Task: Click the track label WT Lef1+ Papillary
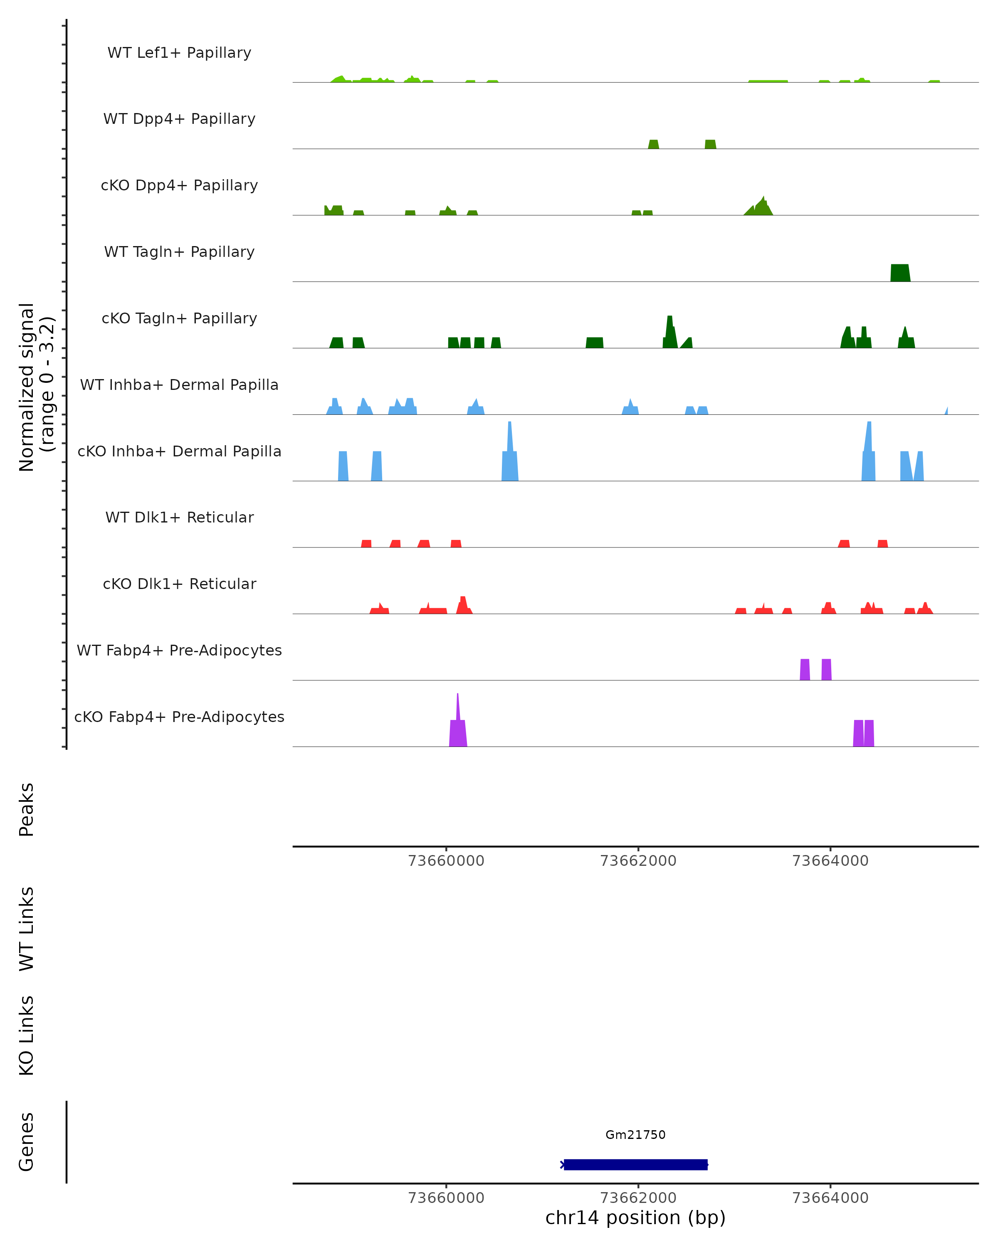click(179, 53)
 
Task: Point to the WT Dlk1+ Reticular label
click(179, 517)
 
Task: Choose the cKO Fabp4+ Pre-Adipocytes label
click(179, 717)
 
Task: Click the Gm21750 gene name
click(635, 1135)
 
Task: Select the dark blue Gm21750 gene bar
click(635, 1164)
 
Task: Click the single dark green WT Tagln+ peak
click(899, 273)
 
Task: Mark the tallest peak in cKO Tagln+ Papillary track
click(670, 333)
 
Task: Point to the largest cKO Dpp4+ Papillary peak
click(762, 207)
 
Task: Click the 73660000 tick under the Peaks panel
click(446, 861)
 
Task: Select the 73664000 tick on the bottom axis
click(830, 1198)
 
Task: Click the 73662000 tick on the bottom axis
click(638, 1198)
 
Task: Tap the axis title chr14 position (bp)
click(635, 1218)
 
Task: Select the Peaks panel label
click(27, 810)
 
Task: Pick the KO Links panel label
click(27, 1035)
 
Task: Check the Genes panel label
click(27, 1142)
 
